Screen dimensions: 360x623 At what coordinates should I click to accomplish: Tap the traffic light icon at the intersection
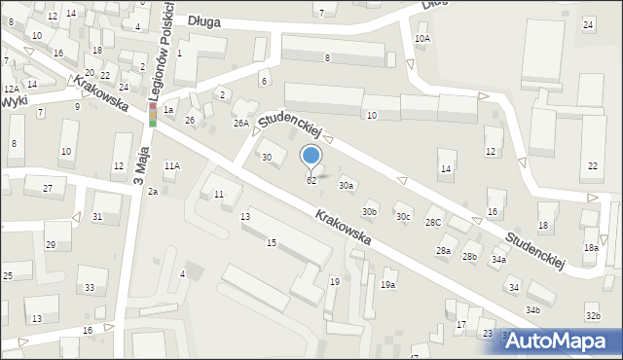(x=152, y=117)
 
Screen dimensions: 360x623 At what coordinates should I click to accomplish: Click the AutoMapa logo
(x=563, y=341)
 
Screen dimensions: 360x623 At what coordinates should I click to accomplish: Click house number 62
(x=311, y=181)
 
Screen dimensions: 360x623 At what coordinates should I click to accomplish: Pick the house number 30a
(x=346, y=185)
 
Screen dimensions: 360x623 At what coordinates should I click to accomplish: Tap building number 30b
(x=369, y=211)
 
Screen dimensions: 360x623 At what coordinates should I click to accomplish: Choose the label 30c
(x=402, y=216)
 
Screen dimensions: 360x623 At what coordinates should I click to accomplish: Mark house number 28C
(x=432, y=223)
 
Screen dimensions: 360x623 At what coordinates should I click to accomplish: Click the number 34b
(x=532, y=309)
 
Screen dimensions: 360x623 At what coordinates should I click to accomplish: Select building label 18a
(x=591, y=248)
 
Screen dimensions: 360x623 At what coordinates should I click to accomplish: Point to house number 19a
(x=387, y=285)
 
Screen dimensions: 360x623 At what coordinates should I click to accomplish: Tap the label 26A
(x=240, y=123)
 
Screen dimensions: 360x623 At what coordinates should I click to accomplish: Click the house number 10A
(x=421, y=39)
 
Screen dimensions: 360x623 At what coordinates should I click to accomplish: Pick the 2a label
(x=153, y=191)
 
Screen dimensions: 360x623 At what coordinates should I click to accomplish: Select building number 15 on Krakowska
(x=272, y=242)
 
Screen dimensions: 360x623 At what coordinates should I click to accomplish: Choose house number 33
(x=91, y=288)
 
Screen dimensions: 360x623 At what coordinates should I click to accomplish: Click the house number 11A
(x=171, y=166)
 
